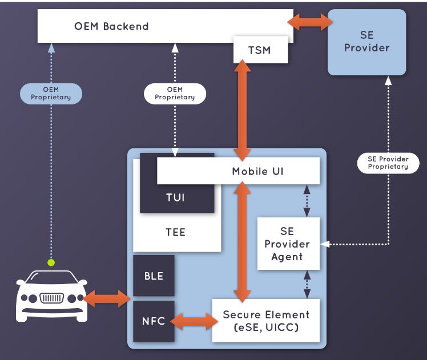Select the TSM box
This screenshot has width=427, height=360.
click(x=259, y=50)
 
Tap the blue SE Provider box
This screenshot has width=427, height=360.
click(x=366, y=42)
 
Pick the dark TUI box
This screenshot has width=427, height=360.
click(x=175, y=197)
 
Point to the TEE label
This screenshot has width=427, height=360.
click(x=176, y=233)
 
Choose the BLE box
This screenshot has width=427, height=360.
click(x=154, y=276)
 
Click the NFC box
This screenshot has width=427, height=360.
click(x=154, y=321)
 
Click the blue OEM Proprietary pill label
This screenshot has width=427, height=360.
click(x=51, y=93)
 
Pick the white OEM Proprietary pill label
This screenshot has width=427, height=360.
click(x=175, y=93)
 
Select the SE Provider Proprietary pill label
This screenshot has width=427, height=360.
click(x=388, y=163)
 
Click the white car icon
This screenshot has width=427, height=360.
click(x=51, y=297)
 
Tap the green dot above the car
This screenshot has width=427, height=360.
click(x=51, y=262)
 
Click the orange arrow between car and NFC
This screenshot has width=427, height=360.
click(x=108, y=298)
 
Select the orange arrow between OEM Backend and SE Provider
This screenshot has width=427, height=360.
click(x=310, y=22)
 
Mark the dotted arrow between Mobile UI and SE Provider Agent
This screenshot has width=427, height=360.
click(x=307, y=201)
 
